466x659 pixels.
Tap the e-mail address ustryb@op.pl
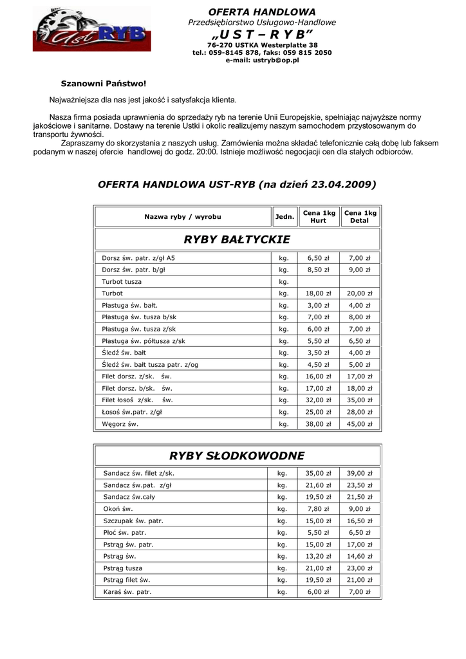[x=262, y=60]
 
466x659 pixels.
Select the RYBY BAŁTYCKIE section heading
[x=238, y=240]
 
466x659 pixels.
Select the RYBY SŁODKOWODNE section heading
[x=237, y=456]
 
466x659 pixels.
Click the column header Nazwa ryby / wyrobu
[x=183, y=217]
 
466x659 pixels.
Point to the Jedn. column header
[x=284, y=217]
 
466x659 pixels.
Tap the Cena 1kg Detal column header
[x=360, y=217]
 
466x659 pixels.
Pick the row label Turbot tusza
[x=122, y=282]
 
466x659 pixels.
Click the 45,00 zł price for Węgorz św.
[x=360, y=424]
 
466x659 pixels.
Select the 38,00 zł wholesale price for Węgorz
[x=319, y=424]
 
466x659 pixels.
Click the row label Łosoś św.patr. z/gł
[x=132, y=412]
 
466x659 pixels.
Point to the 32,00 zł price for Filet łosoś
[x=319, y=400]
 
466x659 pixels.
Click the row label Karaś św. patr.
[x=127, y=592]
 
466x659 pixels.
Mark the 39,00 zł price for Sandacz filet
[x=360, y=474]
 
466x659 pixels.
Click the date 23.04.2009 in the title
[x=343, y=185]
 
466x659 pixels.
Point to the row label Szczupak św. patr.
[x=133, y=521]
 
